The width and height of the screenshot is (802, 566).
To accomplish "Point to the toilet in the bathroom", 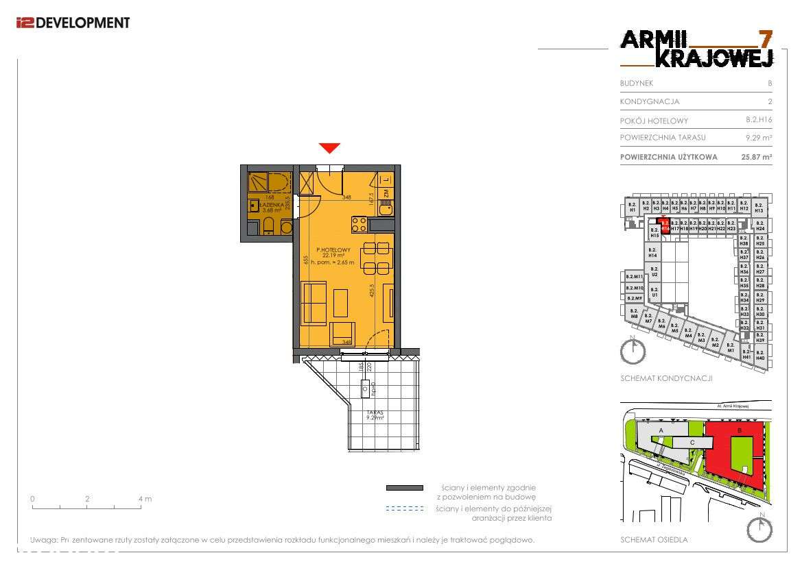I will [270, 226].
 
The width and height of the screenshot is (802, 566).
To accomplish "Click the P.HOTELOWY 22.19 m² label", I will [333, 254].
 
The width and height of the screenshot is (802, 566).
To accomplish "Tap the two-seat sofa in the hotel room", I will [314, 302].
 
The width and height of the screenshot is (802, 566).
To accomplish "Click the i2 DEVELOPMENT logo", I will [73, 23].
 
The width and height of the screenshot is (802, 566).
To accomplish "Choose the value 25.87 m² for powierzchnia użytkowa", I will [757, 157].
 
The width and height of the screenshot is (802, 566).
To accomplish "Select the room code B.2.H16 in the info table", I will [759, 120].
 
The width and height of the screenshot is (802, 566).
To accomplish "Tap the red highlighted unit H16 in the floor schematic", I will [663, 224].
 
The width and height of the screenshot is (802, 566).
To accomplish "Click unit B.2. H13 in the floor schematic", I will [759, 208].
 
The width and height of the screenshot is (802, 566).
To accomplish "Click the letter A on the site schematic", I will [660, 430].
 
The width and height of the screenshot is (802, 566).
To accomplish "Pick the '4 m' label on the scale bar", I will [145, 499].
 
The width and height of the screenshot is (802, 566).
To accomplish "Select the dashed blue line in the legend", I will [404, 509].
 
